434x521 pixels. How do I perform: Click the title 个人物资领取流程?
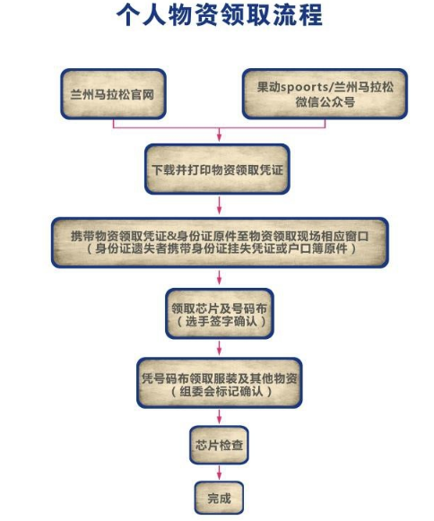tap(220, 15)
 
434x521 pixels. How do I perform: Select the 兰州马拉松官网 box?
tap(113, 94)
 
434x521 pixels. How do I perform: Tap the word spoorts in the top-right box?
tap(305, 87)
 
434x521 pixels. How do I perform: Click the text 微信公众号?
tap(325, 102)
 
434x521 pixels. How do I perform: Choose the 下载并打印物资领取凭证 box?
tap(217, 169)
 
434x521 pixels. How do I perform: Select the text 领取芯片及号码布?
tap(220, 308)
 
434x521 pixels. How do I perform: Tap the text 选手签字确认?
tap(221, 321)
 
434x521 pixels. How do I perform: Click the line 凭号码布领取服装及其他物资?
tap(220, 378)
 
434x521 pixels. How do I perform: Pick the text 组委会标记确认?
tap(221, 391)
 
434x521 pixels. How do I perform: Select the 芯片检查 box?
tap(219, 445)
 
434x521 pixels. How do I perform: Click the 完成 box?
tap(219, 498)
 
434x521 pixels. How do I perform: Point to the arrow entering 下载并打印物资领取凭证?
tap(219, 134)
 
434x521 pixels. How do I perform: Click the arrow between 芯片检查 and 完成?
tap(219, 473)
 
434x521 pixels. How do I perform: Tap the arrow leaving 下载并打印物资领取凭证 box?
tap(219, 205)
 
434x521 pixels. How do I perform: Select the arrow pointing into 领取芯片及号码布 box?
tap(219, 277)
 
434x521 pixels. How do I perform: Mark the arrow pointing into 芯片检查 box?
tap(219, 416)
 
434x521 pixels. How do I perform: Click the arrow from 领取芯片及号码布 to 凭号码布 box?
tap(219, 347)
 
